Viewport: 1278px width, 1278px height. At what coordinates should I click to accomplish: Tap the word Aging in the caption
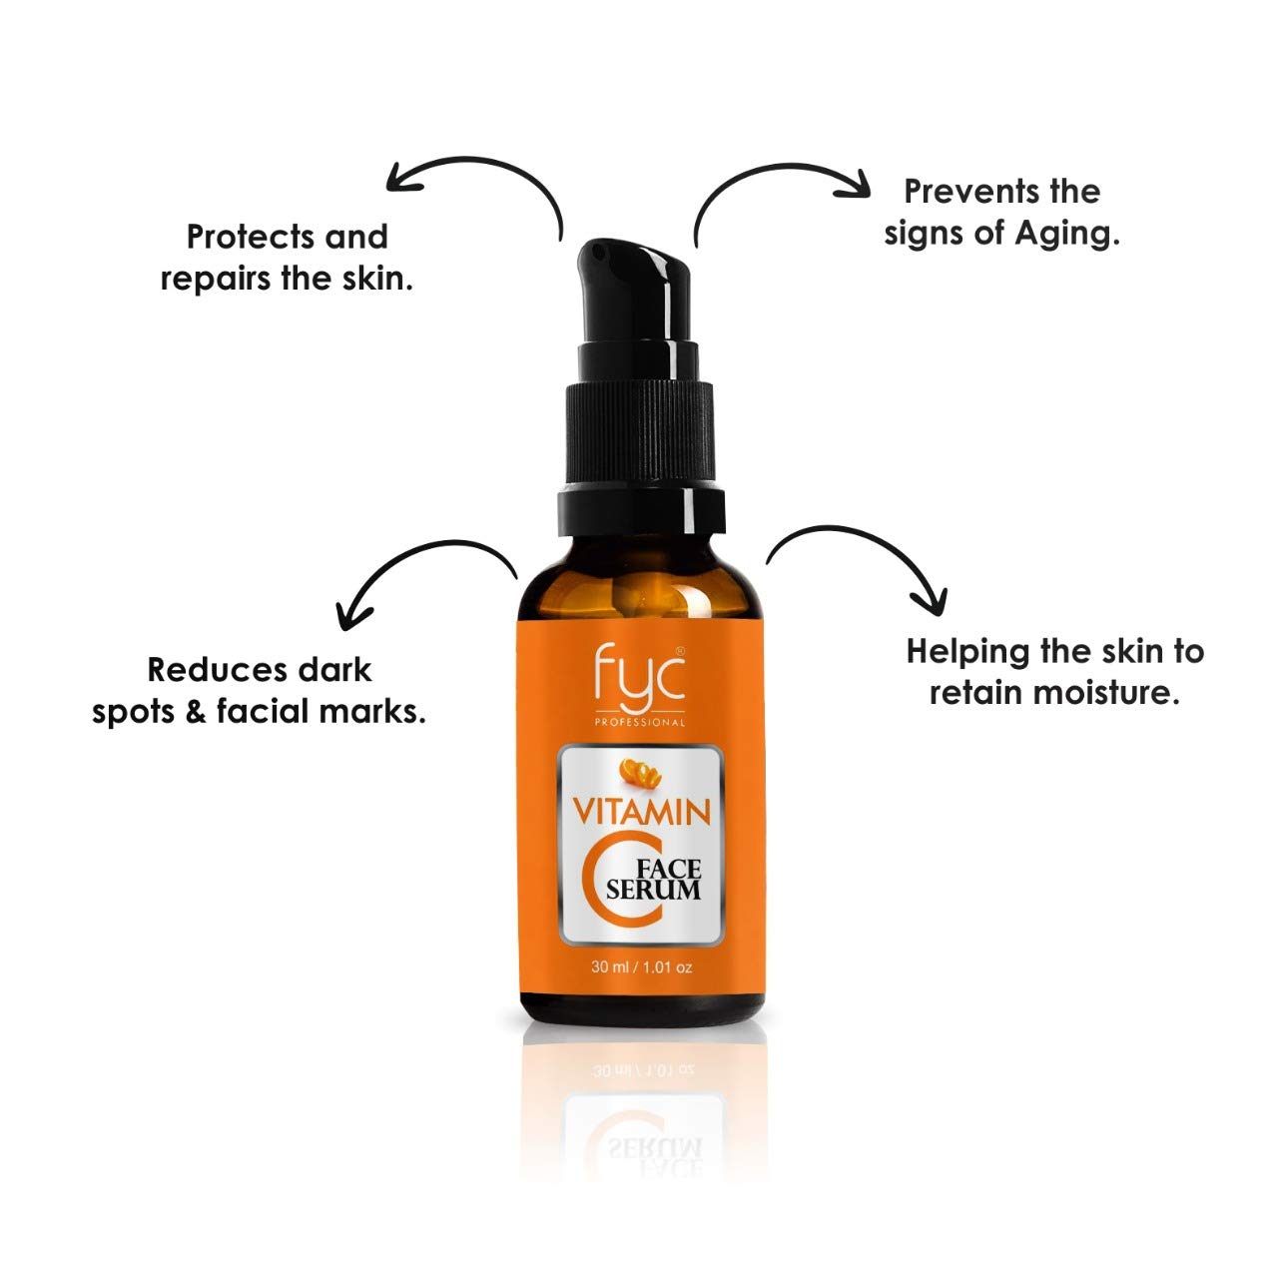pyautogui.click(x=1066, y=235)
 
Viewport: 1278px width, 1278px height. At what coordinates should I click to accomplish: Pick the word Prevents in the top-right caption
pyautogui.click(x=960, y=191)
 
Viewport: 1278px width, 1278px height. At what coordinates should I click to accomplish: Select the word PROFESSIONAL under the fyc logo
pyautogui.click(x=639, y=723)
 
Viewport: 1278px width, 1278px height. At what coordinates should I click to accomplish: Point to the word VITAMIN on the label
pyautogui.click(x=639, y=811)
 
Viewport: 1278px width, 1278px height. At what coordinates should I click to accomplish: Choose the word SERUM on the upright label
pyautogui.click(x=654, y=890)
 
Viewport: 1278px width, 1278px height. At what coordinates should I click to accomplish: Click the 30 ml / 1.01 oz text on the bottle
pyautogui.click(x=641, y=966)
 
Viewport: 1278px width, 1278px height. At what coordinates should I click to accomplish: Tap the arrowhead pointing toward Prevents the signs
pyautogui.click(x=860, y=182)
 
